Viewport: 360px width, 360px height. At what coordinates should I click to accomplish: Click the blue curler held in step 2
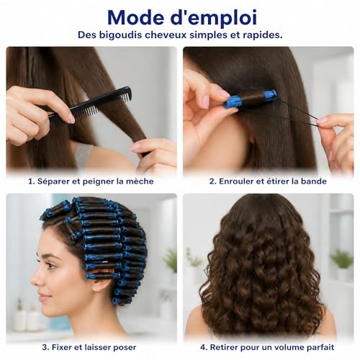point(250,99)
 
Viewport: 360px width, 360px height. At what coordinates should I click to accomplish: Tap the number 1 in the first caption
point(30,181)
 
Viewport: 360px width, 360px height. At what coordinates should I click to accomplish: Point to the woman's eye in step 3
point(50,266)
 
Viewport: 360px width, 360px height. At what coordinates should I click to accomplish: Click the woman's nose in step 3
point(35,279)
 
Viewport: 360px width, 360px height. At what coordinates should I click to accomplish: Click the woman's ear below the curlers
point(102,279)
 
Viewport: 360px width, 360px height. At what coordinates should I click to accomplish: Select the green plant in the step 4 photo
point(341,258)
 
